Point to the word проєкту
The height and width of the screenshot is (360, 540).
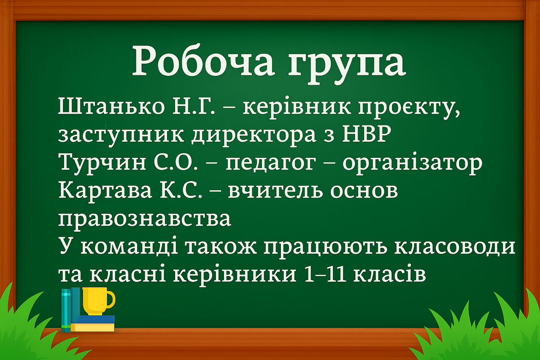pos(409,109)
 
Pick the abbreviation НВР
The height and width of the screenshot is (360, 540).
pos(367,133)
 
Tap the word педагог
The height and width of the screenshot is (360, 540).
pos(270,164)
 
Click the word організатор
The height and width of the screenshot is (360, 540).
pos(412,163)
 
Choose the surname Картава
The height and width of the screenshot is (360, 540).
pos(105,190)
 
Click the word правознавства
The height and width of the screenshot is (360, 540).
pos(145,219)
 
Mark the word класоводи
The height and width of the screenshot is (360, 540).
pos(455,246)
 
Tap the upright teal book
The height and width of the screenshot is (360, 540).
pos(66,310)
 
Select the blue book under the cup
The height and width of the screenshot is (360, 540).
pos(93,319)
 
